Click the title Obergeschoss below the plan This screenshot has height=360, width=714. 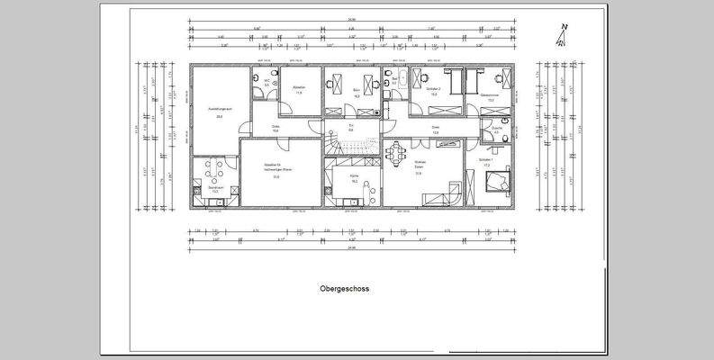pyautogui.click(x=344, y=290)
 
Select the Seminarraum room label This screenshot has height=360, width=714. pyautogui.click(x=215, y=188)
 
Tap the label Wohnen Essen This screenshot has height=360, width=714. pyautogui.click(x=420, y=166)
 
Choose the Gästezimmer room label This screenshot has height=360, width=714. pyautogui.click(x=491, y=96)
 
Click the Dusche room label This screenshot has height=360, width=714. pyautogui.click(x=497, y=129)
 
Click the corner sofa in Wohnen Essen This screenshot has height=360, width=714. pyautogui.click(x=447, y=193)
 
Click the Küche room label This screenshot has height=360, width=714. pyautogui.click(x=355, y=180)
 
